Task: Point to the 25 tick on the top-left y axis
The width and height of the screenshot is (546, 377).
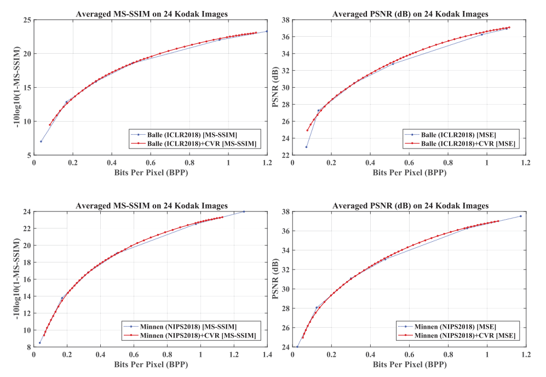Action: click(27, 20)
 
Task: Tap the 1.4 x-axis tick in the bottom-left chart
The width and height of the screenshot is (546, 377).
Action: click(267, 355)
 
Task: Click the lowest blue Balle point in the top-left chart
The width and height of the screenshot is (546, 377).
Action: click(41, 141)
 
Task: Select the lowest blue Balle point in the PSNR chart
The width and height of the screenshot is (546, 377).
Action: click(306, 147)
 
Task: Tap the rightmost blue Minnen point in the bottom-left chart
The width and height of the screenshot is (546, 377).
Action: click(244, 212)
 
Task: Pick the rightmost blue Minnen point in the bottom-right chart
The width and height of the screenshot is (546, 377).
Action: click(520, 216)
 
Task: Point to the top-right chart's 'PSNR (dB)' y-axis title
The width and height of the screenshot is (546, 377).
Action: click(277, 88)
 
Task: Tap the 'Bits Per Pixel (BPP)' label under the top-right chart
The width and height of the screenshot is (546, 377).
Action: click(409, 172)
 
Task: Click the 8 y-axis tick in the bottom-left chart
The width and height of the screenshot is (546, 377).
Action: click(28, 347)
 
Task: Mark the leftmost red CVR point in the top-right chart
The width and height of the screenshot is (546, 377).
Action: click(307, 130)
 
